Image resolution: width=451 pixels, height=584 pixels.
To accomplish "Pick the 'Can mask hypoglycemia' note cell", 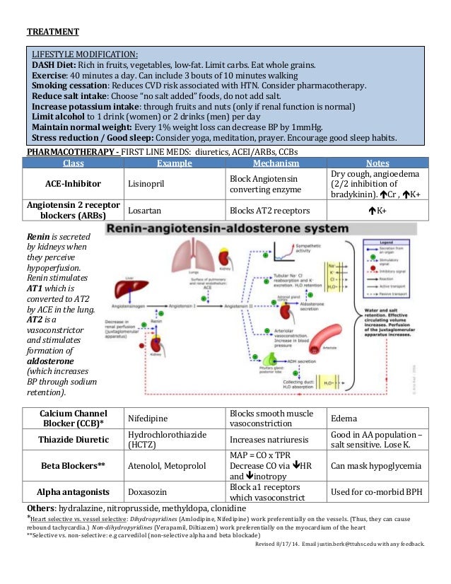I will point(375,466).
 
